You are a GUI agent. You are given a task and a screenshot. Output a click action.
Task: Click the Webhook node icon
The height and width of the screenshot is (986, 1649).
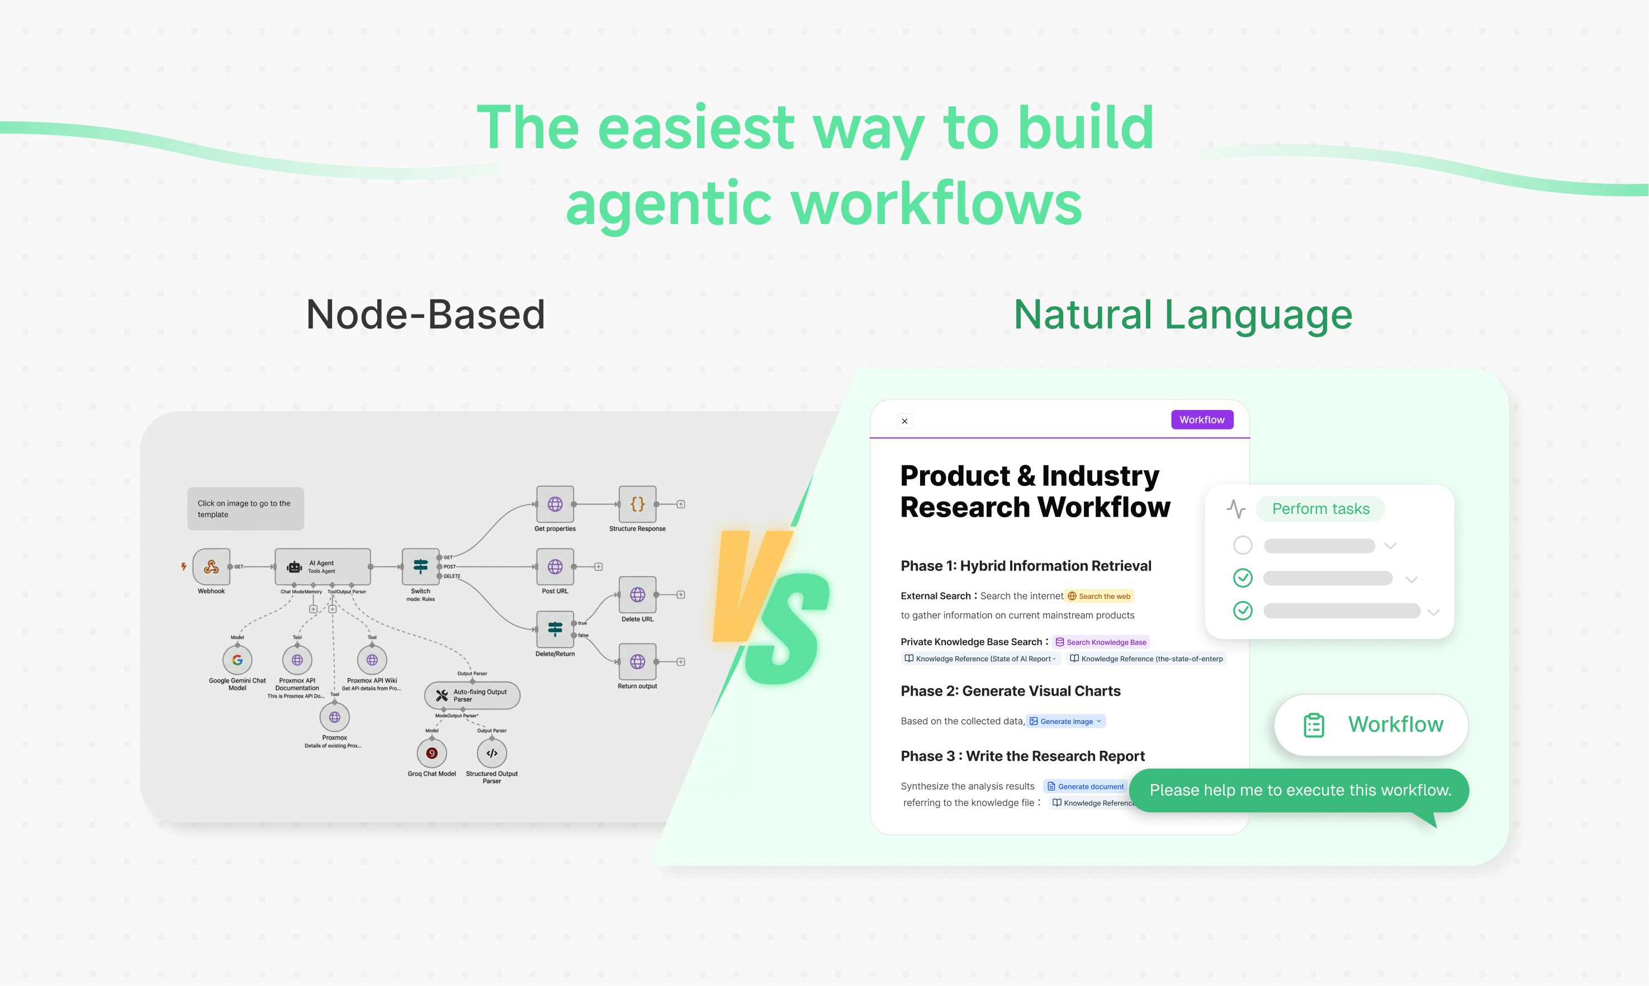coord(211,566)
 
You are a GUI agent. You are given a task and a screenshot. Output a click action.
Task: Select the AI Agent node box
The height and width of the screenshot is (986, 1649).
coord(323,566)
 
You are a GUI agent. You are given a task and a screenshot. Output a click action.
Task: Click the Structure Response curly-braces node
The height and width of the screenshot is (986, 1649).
coord(637,504)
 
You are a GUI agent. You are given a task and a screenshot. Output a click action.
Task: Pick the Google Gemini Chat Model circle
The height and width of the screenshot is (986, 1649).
coord(237,660)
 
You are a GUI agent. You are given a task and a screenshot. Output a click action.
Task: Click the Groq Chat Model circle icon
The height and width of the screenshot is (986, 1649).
coord(432,753)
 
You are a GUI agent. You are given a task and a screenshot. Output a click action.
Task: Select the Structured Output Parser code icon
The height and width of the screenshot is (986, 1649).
coord(492,753)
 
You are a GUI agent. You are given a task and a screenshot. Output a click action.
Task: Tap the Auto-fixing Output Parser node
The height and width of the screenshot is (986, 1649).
coord(472,695)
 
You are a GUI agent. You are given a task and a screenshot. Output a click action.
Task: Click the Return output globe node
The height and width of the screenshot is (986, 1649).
coord(637,661)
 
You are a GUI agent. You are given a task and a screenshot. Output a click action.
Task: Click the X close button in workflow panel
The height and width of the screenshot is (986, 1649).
coord(904,421)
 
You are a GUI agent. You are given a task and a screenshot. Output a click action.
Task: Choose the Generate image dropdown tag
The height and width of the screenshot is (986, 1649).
coord(1065,721)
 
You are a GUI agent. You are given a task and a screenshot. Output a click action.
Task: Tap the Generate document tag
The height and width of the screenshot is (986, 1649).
coord(1086,786)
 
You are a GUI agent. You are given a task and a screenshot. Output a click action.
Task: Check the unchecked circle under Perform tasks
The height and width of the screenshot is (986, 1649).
coord(1242,545)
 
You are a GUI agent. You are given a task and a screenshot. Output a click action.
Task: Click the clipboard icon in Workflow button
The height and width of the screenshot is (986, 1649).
coord(1314,725)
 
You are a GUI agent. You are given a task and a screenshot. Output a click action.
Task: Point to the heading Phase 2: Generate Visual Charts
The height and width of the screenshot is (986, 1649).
coord(1010,691)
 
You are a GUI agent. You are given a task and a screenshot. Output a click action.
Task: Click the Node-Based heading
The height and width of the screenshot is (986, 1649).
coord(425,315)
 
